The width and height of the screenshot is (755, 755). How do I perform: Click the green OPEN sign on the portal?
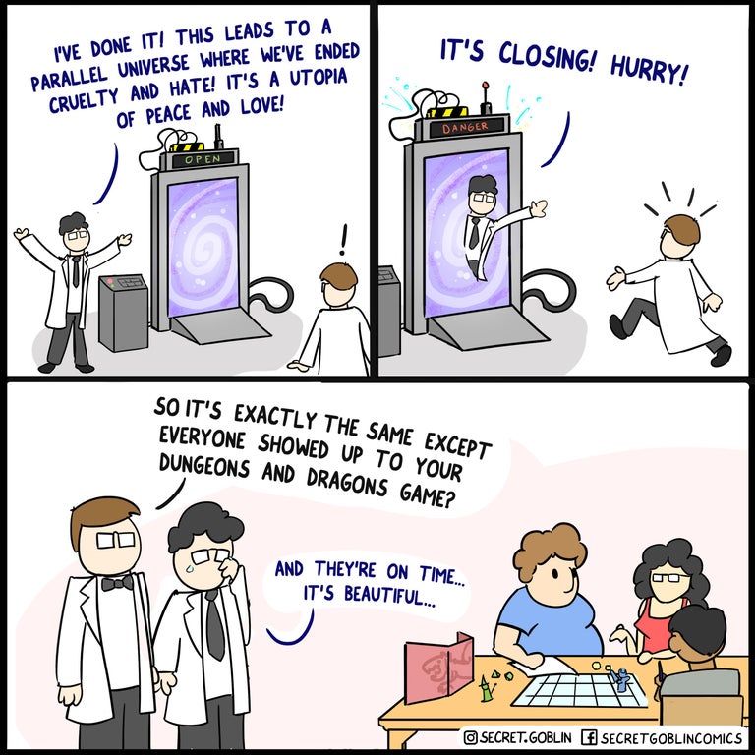coord(203,159)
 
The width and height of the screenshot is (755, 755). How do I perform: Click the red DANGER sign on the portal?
coord(466,127)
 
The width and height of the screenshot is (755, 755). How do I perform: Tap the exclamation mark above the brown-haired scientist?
coord(343,240)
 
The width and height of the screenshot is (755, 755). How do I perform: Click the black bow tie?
coord(117,583)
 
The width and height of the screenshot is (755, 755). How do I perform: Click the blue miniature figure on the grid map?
coord(621,680)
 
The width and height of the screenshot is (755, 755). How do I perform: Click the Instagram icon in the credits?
coord(471,737)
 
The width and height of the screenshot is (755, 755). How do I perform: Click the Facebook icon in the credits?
coord(589,737)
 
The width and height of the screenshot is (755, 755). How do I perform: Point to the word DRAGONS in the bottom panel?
coord(347,481)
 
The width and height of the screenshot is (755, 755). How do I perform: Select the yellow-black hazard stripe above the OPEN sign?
coord(188,146)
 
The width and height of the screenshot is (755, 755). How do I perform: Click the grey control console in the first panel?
coord(123,313)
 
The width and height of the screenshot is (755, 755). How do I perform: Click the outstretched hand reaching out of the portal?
coord(539,209)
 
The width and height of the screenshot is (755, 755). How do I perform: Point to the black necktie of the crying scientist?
coord(215,625)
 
